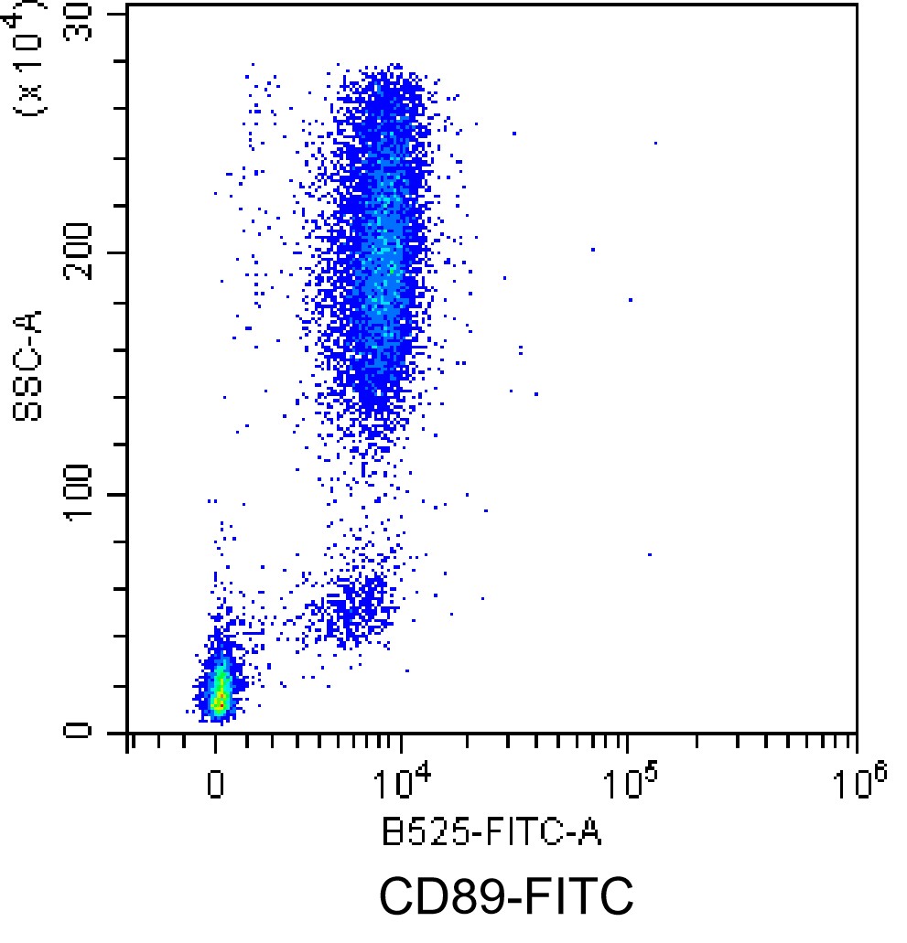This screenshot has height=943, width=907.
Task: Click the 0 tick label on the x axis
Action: click(x=216, y=785)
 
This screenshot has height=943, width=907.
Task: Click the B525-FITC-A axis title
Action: click(x=491, y=833)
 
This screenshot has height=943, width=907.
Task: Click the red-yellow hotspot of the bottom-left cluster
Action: click(x=219, y=699)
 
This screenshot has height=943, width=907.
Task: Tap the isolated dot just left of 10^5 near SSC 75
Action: click(x=650, y=554)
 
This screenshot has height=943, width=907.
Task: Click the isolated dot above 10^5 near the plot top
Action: click(x=656, y=143)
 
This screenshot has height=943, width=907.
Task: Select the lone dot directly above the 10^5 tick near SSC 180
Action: click(x=631, y=299)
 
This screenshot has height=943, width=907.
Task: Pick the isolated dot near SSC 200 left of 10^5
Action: click(x=593, y=249)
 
